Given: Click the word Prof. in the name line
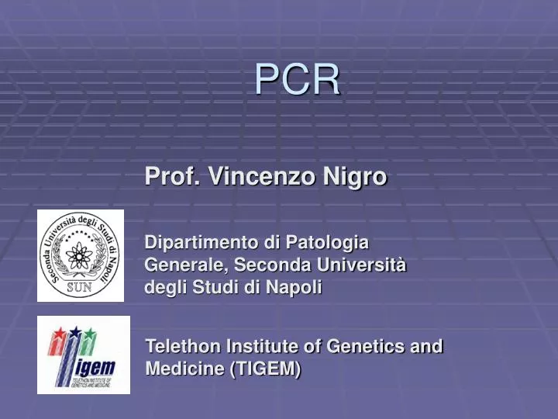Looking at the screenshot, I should [172, 177].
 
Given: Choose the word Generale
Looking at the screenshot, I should [182, 265].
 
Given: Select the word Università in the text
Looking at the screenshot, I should [365, 265].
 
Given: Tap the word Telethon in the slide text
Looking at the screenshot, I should [182, 346].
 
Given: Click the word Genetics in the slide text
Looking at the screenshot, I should [367, 346].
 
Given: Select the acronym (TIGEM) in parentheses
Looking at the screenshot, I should [266, 369].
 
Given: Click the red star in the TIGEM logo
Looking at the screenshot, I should [57, 334].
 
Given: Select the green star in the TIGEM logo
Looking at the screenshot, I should [91, 334].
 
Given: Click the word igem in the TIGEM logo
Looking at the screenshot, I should [93, 366].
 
